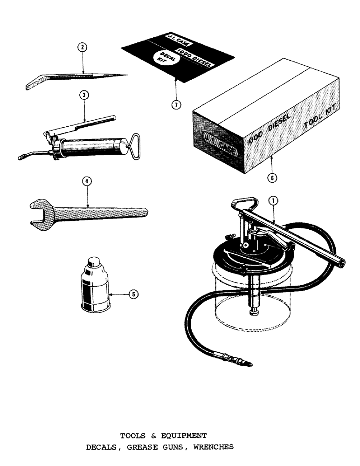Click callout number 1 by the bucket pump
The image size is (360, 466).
pos(273,200)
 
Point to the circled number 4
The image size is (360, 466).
pos(86,182)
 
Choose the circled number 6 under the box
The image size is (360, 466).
pos(272,177)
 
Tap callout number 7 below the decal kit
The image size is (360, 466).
pos(176,104)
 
